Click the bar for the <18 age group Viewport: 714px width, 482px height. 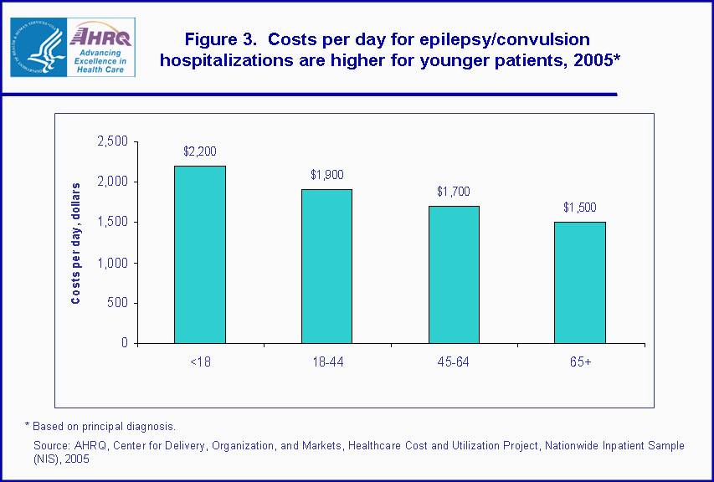pos(199,254)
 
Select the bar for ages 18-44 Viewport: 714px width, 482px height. pos(326,266)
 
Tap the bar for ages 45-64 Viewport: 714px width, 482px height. pos(454,274)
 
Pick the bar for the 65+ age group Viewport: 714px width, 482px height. pos(580,283)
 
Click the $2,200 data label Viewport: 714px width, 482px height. pos(199,151)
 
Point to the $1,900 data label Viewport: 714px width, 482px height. pos(326,175)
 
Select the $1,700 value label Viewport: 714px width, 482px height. pos(454,192)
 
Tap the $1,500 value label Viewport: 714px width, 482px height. pos(580,208)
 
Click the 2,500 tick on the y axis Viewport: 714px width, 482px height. pos(112,141)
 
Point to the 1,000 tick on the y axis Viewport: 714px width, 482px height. pos(112,263)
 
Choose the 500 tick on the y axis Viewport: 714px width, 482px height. pos(118,303)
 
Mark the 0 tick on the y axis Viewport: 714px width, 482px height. pos(123,343)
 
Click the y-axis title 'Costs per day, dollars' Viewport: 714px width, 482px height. pos(76,243)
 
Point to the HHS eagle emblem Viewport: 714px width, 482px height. pos(38,47)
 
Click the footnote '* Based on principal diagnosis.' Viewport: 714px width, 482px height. pos(100,427)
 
